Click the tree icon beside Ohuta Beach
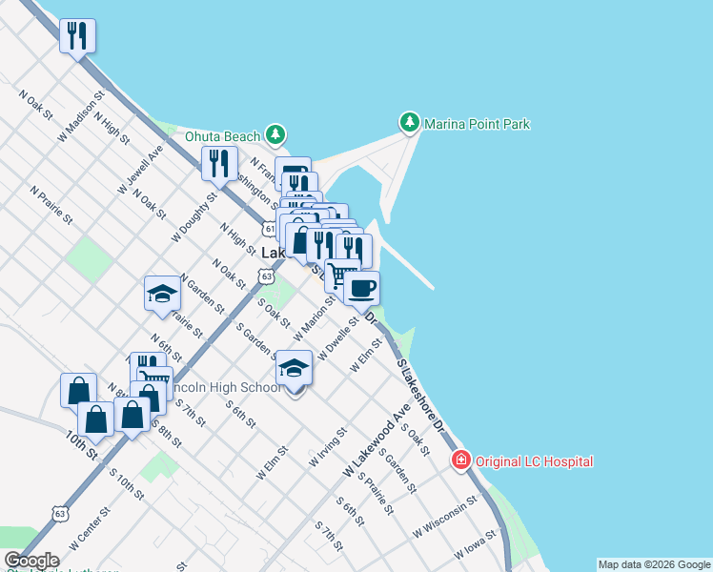[275, 134]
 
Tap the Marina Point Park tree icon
[409, 123]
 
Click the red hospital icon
[461, 461]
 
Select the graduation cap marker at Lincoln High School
[295, 369]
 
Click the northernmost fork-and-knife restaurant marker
[77, 36]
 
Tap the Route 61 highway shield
[271, 229]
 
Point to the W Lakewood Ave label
[376, 439]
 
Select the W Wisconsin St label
[444, 516]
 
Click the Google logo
[31, 561]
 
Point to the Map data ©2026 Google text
[654, 564]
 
